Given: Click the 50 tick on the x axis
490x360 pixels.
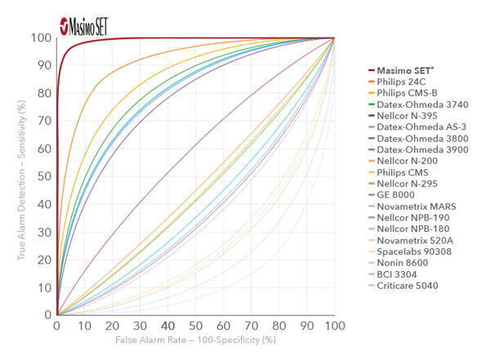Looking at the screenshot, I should point(195,327).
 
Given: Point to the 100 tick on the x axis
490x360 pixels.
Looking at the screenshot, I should point(333,327).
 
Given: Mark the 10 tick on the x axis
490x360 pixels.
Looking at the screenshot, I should point(84,327).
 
